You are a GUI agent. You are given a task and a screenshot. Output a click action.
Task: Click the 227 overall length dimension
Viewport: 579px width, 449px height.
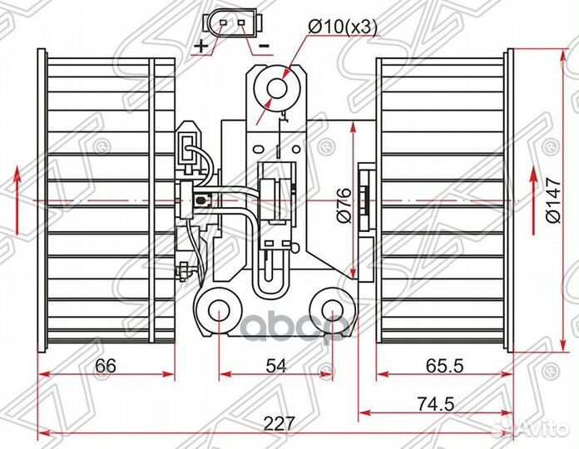[x=280, y=423]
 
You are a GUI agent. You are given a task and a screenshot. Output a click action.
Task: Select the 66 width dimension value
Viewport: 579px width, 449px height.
[x=106, y=366]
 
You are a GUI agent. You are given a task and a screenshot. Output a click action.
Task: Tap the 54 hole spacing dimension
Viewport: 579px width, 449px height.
[x=276, y=366]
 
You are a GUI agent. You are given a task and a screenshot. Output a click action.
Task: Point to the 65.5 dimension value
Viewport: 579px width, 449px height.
[x=444, y=366]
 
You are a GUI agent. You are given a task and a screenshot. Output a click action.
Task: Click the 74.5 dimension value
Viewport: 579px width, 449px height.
[x=435, y=403]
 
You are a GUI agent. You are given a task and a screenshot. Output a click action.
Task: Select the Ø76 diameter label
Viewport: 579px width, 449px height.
[x=344, y=205]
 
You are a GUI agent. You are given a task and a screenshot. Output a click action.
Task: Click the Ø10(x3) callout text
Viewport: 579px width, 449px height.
[x=342, y=28]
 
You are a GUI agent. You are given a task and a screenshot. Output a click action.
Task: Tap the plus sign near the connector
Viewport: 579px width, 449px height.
[x=201, y=46]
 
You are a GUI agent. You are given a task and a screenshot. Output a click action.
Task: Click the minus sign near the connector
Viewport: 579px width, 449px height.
[x=264, y=46]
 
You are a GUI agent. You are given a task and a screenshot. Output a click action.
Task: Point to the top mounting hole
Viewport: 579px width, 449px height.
[x=276, y=88]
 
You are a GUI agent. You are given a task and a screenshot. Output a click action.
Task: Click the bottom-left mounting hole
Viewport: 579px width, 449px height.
[x=219, y=311]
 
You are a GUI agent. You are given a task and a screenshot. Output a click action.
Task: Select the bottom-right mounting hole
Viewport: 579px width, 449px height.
[x=333, y=311]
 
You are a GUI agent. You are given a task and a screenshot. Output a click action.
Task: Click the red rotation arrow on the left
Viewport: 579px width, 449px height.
[x=17, y=200]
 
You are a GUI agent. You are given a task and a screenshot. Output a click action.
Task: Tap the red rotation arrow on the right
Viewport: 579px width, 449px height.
[x=533, y=200]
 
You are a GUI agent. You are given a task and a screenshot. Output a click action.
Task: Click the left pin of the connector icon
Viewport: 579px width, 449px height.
[x=223, y=23]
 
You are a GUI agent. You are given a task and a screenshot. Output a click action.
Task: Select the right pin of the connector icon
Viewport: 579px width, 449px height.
[x=241, y=23]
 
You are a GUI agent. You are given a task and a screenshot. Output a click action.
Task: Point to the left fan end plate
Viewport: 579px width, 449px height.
[x=42, y=200]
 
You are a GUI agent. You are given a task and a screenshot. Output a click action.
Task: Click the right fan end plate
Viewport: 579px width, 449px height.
[x=509, y=200]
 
